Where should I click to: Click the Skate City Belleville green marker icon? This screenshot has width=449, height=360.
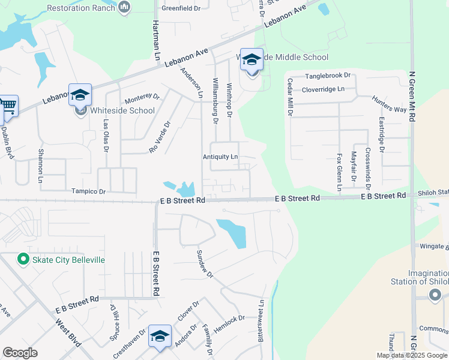point(23,259)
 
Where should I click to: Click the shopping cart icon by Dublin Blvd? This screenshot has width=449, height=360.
point(8,106)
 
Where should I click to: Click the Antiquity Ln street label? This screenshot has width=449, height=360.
point(220,157)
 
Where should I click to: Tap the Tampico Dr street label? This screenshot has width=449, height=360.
point(88,191)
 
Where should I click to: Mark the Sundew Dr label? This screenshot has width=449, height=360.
point(205,264)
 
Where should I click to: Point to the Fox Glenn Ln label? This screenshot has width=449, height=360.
point(339,172)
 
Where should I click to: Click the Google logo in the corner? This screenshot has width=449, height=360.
point(20,352)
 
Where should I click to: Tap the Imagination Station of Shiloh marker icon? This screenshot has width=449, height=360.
point(436,295)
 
